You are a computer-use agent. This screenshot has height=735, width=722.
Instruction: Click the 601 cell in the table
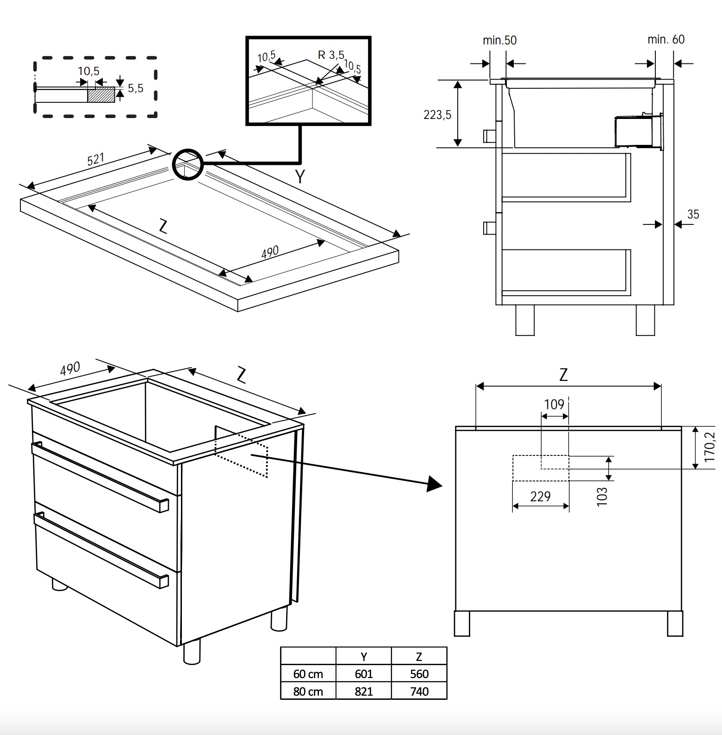(363, 674)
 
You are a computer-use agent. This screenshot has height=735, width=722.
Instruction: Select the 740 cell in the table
(419, 691)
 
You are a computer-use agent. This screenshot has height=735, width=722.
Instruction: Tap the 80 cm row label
(308, 691)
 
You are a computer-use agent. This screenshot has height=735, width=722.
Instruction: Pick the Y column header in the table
(363, 656)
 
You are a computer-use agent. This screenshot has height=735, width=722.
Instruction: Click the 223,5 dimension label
(437, 114)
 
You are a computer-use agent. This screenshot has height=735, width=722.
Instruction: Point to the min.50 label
(499, 40)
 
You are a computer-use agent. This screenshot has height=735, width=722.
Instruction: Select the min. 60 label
(666, 39)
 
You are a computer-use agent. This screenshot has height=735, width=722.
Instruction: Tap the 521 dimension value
(96, 159)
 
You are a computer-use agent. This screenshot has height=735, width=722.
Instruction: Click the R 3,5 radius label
(331, 55)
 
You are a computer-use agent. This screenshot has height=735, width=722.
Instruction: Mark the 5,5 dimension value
(135, 88)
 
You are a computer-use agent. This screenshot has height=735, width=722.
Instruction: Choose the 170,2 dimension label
(709, 447)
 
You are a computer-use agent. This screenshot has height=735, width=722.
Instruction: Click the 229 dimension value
(540, 497)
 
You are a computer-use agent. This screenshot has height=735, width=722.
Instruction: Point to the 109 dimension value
(554, 405)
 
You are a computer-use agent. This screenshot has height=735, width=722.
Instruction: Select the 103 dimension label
(602, 497)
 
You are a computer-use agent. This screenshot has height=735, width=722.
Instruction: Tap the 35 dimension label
(693, 214)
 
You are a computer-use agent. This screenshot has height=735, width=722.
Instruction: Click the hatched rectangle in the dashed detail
(101, 94)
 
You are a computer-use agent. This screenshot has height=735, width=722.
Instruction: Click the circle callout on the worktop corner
(187, 164)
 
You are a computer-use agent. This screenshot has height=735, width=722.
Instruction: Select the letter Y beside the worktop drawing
(300, 176)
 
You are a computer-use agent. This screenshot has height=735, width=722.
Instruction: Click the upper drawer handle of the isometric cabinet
(100, 477)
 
